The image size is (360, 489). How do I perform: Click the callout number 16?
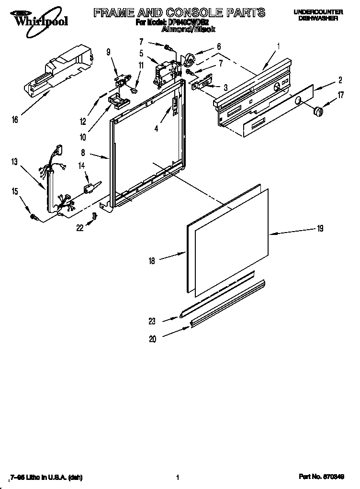pos(15,120)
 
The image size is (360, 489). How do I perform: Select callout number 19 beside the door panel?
pos(320,229)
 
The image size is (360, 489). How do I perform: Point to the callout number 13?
pos(15,162)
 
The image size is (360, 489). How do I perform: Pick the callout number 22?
pos(80,228)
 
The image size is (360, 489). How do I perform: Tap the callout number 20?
pos(153,339)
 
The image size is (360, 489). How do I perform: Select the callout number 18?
pos(152,261)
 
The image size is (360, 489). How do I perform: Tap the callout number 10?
pos(83,137)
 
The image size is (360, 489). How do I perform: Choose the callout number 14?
pos(81,166)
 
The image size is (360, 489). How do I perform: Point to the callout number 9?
pos(108,52)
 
